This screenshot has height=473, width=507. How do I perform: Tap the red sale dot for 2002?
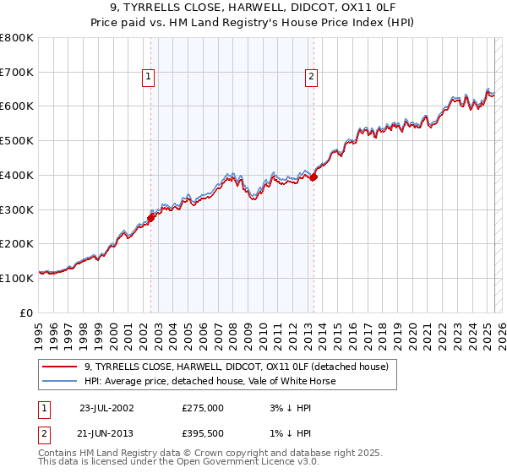[151, 218]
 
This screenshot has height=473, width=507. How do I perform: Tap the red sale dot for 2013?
[313, 177]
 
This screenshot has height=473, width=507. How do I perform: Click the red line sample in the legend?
[59, 367]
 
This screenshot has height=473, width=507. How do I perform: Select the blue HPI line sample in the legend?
[59, 381]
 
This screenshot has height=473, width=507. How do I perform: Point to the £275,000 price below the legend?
[203, 407]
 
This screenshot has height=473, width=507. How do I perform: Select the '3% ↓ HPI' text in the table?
[287, 407]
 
